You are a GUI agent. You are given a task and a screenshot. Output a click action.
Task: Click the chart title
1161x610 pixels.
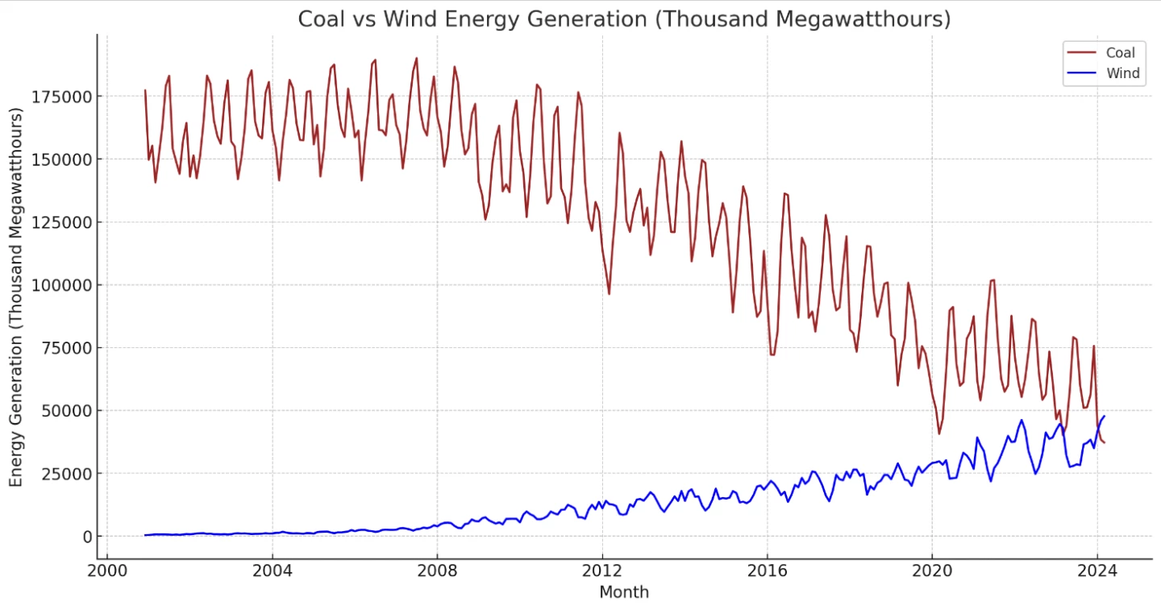(x=624, y=19)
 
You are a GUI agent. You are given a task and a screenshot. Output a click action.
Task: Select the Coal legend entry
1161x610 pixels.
(x=1120, y=53)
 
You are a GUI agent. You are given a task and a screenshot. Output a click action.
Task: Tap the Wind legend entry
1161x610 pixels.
(x=1122, y=74)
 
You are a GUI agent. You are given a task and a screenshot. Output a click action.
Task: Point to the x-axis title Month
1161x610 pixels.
(x=624, y=593)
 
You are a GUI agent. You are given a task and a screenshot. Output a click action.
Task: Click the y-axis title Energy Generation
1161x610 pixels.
(x=17, y=297)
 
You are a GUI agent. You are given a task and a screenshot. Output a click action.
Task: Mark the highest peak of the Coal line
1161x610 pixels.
(x=416, y=58)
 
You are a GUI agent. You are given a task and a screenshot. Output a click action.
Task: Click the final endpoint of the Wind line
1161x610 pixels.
(x=1104, y=416)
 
